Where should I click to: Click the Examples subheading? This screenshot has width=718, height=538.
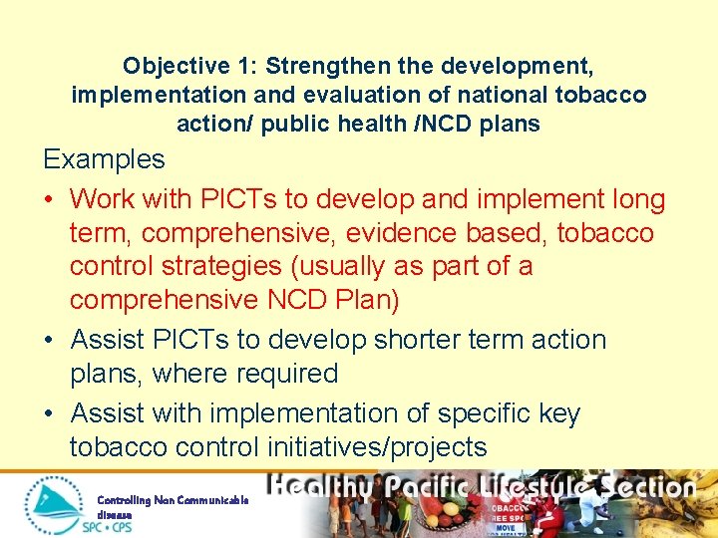click(104, 159)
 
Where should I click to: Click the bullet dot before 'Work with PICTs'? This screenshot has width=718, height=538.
click(50, 200)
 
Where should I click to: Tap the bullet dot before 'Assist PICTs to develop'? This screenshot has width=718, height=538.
click(50, 340)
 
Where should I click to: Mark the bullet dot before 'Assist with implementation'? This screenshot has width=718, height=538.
click(50, 413)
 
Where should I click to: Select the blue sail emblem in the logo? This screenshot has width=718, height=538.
click(55, 501)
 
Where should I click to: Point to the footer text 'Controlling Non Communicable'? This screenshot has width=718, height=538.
click(172, 500)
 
